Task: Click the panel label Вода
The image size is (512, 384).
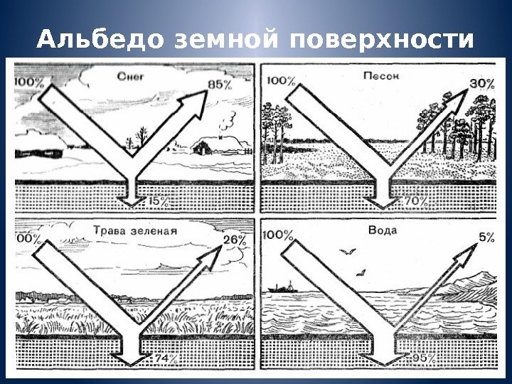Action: pyautogui.click(x=383, y=230)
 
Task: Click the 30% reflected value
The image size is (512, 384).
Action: pyautogui.click(x=481, y=84)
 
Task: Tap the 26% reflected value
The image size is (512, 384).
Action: pyautogui.click(x=235, y=240)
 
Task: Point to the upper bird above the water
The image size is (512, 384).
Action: pyautogui.click(x=348, y=250)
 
